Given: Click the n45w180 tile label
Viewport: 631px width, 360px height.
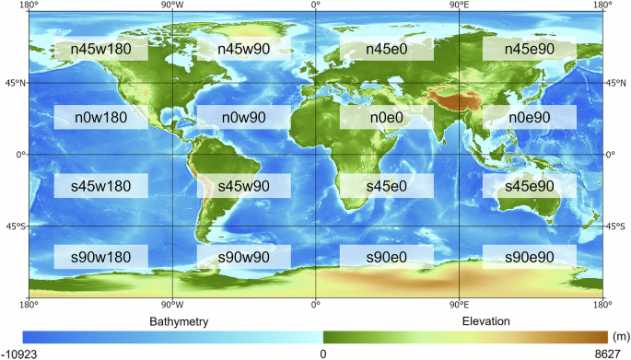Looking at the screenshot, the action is click(x=99, y=49).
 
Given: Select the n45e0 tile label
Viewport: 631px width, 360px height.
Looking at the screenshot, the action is click(x=385, y=49).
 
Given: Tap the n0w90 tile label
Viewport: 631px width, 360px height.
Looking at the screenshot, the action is click(x=244, y=117).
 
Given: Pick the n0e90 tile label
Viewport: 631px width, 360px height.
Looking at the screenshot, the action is click(x=529, y=117).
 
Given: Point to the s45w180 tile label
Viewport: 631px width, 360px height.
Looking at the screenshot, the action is click(x=99, y=186).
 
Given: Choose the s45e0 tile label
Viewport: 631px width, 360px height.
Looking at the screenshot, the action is click(x=385, y=186).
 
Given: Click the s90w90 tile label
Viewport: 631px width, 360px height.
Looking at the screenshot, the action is click(x=244, y=256).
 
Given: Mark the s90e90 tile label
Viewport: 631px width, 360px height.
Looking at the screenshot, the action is click(x=529, y=256).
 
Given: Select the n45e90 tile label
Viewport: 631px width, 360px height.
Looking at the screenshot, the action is click(x=529, y=49).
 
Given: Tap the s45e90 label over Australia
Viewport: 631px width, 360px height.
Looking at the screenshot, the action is click(x=529, y=186).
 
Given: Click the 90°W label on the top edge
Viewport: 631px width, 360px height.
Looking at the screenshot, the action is click(x=172, y=6).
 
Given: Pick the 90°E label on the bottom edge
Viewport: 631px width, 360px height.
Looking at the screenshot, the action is click(x=459, y=304).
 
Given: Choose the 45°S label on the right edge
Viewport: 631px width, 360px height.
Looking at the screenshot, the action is click(x=615, y=226).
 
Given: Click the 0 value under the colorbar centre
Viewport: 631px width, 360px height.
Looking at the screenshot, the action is click(x=322, y=353).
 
